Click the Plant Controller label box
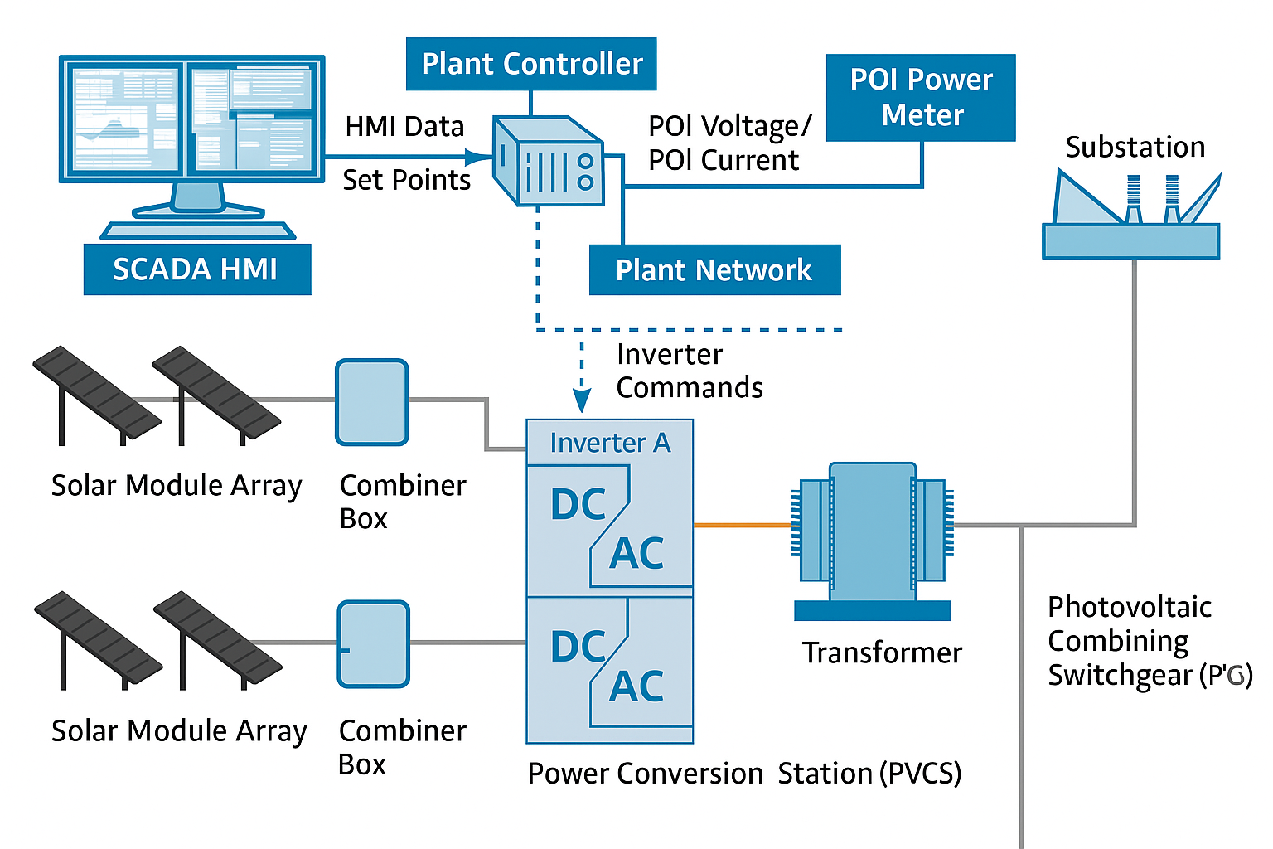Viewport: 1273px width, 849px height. click(x=531, y=64)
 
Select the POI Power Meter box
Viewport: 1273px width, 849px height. click(x=921, y=97)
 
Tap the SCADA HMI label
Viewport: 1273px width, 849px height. click(x=197, y=269)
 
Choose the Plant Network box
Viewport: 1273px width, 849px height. click(x=714, y=270)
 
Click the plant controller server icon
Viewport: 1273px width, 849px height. click(x=548, y=162)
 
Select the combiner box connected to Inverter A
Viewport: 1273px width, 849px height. click(x=372, y=402)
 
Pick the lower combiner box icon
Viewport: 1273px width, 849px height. click(x=374, y=644)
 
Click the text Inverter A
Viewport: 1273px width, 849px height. click(x=610, y=443)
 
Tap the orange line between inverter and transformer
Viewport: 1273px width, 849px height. click(x=743, y=525)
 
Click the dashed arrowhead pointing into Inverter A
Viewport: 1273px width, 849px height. click(x=582, y=401)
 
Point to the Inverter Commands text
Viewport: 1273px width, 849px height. click(x=689, y=371)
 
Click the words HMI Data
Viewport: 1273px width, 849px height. click(x=404, y=127)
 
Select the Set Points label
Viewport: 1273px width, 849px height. click(x=406, y=180)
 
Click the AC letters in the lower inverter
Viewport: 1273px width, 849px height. click(x=636, y=686)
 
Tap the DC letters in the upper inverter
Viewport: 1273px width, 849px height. click(x=578, y=504)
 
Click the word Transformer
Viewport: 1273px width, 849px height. click(x=882, y=653)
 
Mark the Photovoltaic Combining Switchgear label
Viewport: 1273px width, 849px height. click(x=1148, y=641)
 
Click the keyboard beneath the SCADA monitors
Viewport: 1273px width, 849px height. click(x=198, y=230)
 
